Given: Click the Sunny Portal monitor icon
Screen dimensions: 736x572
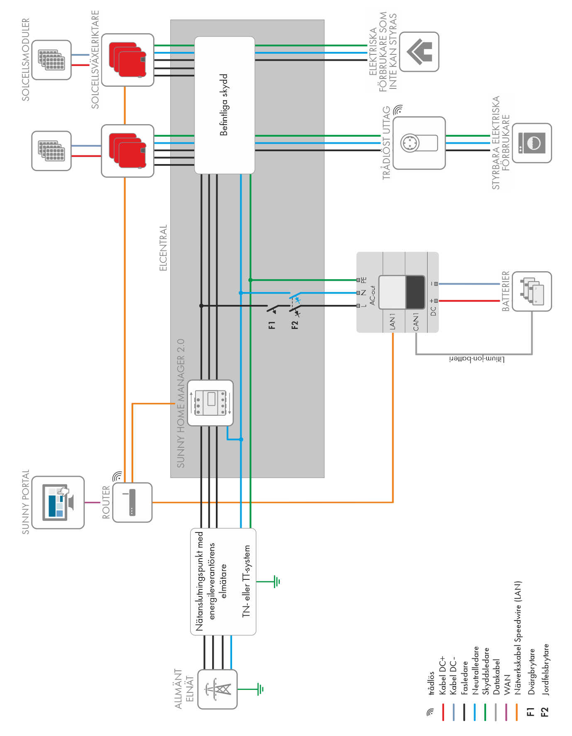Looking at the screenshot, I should tap(58, 502).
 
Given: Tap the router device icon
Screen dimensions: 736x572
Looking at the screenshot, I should tap(132, 502).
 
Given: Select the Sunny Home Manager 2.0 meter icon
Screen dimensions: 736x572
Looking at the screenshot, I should tap(210, 403).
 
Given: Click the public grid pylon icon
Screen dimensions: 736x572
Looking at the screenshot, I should tap(217, 689).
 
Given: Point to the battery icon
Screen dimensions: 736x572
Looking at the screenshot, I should tap(532, 292).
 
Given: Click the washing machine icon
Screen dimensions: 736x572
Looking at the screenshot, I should tap(532, 143).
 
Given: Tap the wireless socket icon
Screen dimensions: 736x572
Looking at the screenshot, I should tap(419, 143).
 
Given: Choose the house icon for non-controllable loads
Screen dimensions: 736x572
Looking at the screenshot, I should tap(419, 52).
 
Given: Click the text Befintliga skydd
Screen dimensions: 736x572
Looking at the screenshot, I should tap(224, 105).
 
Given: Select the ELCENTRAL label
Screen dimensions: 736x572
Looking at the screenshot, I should tap(163, 248).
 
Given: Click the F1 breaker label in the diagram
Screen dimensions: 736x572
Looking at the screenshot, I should tap(272, 325).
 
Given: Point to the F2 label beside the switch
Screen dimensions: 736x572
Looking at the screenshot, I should tap(295, 325).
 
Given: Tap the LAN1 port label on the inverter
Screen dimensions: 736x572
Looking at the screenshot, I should tap(393, 322).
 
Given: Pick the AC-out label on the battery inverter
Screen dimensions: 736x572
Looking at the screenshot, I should tap(372, 295).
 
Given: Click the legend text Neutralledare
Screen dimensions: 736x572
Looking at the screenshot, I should tap(476, 670).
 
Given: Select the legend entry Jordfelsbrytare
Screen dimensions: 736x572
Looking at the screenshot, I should tap(545, 669).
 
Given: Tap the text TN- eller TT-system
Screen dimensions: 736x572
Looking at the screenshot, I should tap(246, 581).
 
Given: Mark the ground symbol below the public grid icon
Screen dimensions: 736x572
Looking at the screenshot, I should tap(260, 689).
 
